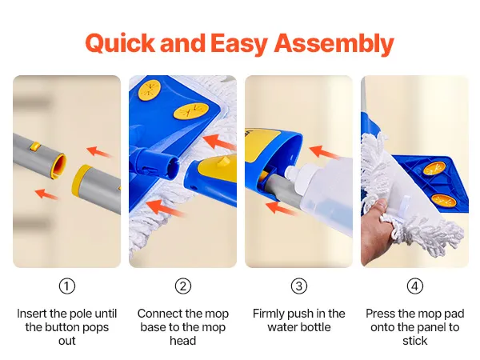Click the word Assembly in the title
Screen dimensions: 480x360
pyautogui.click(x=334, y=44)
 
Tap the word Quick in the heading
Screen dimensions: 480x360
pyautogui.click(x=120, y=43)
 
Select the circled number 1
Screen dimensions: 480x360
pyautogui.click(x=66, y=286)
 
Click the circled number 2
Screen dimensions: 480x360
pyautogui.click(x=183, y=286)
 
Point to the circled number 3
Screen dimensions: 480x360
pyautogui.click(x=299, y=286)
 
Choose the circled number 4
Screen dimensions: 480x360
pyautogui.click(x=415, y=286)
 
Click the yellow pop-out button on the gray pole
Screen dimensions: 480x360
pyautogui.click(x=35, y=146)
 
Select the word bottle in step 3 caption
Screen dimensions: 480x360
pyautogui.click(x=315, y=327)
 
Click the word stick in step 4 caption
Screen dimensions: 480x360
pyautogui.click(x=414, y=341)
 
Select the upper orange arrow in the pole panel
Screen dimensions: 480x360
pyautogui.click(x=99, y=152)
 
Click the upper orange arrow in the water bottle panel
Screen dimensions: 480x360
pyautogui.click(x=324, y=152)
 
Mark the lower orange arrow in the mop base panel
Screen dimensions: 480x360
pyautogui.click(x=164, y=208)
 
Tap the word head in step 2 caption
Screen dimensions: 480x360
pyautogui.click(x=183, y=341)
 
